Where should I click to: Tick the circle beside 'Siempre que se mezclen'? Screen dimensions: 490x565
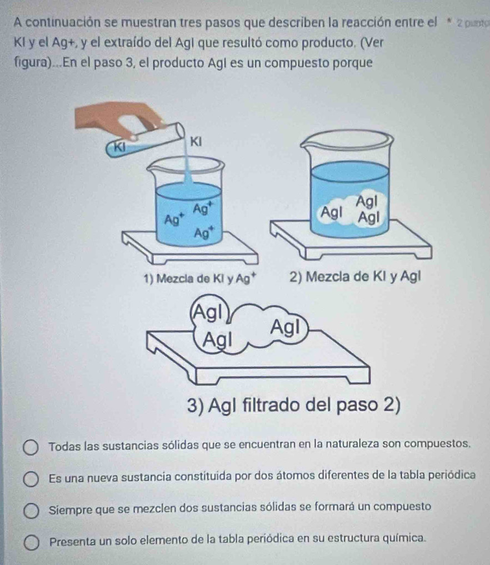31,511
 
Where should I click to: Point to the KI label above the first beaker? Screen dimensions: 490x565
196,141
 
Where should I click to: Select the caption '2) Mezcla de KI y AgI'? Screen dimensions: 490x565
355,277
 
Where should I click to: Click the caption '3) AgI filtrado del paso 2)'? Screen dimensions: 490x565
294,405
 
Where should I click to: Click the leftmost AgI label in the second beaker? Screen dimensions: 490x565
332,212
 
